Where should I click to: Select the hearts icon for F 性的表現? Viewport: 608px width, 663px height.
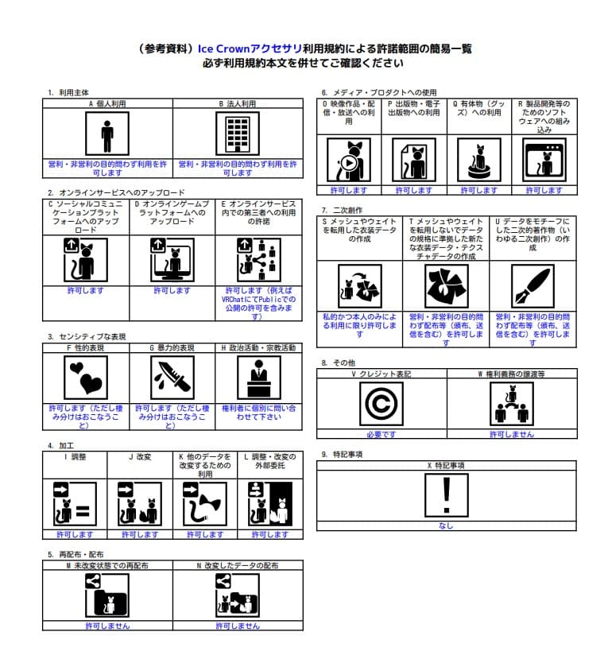coord(85,376)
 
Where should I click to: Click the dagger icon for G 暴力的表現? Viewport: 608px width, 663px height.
coord(172,376)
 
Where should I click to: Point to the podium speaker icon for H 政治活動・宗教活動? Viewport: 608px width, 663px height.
coord(258,376)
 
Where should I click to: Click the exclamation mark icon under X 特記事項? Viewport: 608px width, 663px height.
coord(446,494)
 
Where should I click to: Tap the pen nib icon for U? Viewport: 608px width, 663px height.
coord(532,287)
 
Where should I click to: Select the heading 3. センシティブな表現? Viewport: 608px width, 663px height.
coord(87,336)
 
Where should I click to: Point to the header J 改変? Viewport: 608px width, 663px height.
coord(140,457)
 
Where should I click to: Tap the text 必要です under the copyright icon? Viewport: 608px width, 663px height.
coord(381,435)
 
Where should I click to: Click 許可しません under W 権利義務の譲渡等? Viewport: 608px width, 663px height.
coord(511,435)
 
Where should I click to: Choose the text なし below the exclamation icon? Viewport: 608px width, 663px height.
coord(446,525)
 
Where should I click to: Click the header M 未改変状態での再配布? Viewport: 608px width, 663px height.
coord(107,565)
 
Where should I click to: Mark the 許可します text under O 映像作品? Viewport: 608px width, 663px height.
coord(349,191)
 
